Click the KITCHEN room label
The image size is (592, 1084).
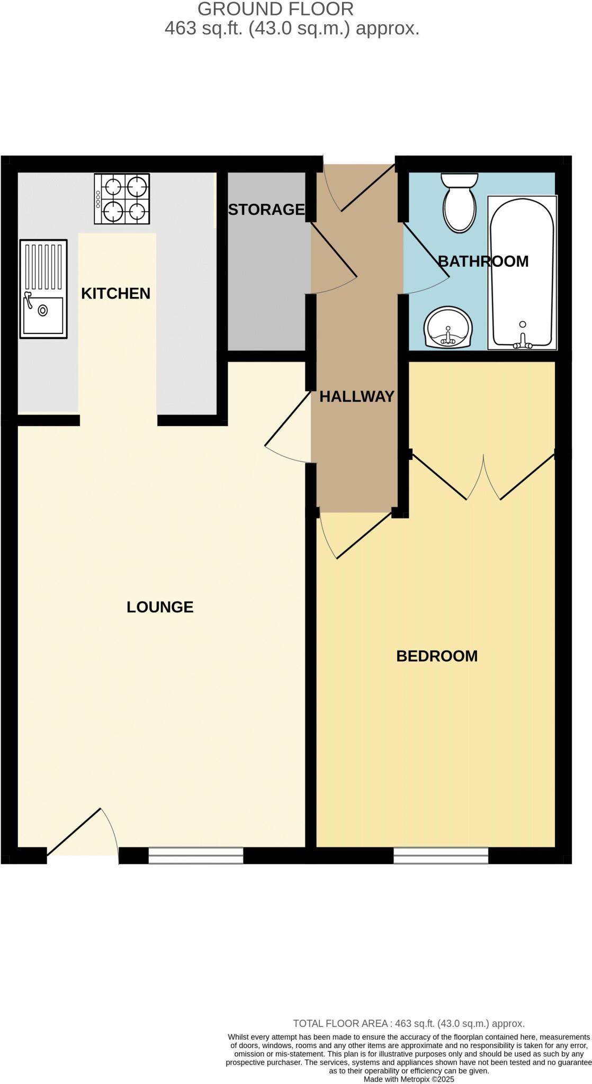pos(115,293)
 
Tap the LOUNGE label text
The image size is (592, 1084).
pos(160,607)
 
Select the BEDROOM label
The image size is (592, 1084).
pos(437,656)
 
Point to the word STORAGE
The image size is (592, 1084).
pos(266,210)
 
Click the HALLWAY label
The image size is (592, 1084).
pos(357,396)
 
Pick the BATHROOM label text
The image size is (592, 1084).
pos(483,261)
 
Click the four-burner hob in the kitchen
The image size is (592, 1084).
pos(122,198)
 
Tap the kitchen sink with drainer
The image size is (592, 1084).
pos(43,288)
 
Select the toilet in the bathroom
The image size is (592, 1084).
pos(460,203)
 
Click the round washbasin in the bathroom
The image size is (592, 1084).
pos(448,328)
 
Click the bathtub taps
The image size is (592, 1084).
pos(522,341)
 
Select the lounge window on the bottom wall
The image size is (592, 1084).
pos(195,856)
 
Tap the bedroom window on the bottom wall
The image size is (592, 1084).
pos(441,856)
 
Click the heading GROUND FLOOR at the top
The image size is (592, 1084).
pos(275,9)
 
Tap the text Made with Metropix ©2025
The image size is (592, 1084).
pos(409,1079)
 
